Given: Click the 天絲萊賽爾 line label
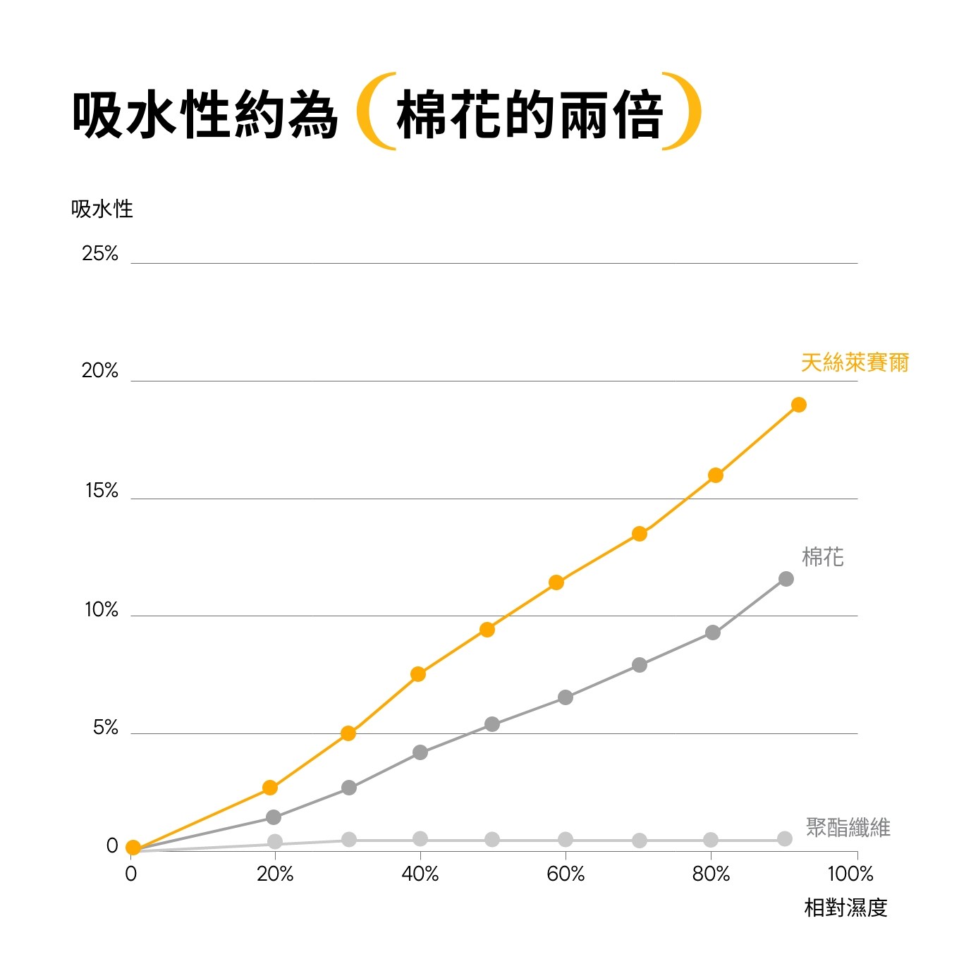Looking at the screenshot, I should point(855,362).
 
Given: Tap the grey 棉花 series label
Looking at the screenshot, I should point(822,557).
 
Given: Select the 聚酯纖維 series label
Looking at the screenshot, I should point(848,826).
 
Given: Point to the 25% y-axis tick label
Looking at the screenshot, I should point(100,254).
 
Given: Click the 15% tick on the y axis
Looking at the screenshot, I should point(102,491).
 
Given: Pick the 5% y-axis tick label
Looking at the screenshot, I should point(106,728).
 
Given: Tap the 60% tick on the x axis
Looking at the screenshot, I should point(566,874).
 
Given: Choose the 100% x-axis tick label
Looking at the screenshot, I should point(850,874).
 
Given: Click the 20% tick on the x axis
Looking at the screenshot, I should point(275,874).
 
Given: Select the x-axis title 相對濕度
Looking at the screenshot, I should point(845,908).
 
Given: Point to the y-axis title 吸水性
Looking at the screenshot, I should point(102,209).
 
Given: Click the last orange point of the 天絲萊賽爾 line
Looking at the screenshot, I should point(798,405).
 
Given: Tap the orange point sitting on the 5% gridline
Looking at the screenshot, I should point(348,733).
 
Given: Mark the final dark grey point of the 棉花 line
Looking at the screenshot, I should point(786,579).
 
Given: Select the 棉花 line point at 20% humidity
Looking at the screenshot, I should point(274,817).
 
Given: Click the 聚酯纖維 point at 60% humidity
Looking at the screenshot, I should point(566,839).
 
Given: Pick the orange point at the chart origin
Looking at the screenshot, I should point(133,848).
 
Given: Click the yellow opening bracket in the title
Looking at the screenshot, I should point(374,111).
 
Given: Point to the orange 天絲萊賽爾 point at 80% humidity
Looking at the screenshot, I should point(715,475).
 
